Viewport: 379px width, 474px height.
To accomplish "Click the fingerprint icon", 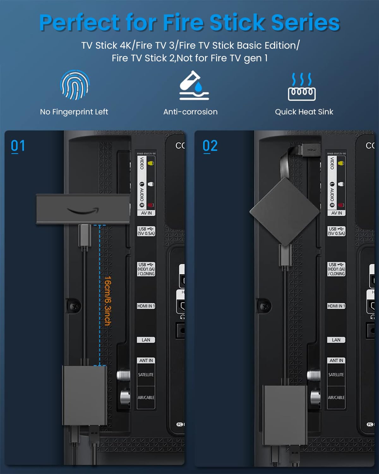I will [75, 85].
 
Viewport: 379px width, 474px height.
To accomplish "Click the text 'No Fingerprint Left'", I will [74, 112].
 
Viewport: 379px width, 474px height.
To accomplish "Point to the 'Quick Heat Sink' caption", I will [304, 112].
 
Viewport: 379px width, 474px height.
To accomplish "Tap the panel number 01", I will [18, 146].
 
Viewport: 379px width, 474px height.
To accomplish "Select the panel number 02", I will [210, 146].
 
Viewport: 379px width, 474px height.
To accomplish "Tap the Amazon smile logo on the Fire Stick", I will [83, 210].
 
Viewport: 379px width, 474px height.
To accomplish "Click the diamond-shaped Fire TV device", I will [285, 211].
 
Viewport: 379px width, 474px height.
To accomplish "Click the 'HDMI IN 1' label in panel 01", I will [146, 306].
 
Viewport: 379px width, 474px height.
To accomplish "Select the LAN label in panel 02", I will [336, 340].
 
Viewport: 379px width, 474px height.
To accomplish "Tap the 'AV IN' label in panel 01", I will [146, 213].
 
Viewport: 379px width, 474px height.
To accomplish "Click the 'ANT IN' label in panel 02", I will [336, 361].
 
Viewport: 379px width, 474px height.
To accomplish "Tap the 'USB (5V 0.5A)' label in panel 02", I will [336, 231].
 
